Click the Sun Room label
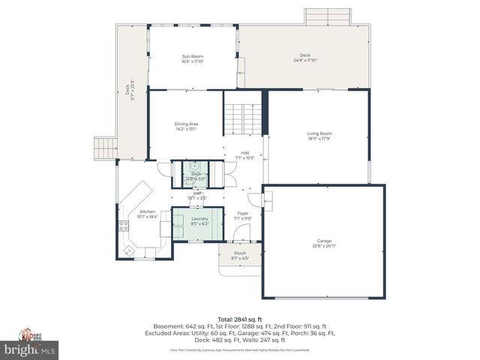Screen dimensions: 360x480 (x=192, y=58)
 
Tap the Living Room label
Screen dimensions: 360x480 (x=319, y=136)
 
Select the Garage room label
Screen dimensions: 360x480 (x=322, y=243)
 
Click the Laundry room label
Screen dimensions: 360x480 (x=199, y=221)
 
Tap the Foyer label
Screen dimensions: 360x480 (x=243, y=215)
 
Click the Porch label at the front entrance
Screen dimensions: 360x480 (x=239, y=256)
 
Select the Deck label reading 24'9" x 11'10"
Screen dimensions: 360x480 (x=304, y=57)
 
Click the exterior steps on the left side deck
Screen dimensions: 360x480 (x=105, y=148)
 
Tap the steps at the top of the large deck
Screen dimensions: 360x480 (x=327, y=16)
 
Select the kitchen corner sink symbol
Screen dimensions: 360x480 (x=128, y=250)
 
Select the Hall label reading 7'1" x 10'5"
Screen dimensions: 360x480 (x=244, y=155)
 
